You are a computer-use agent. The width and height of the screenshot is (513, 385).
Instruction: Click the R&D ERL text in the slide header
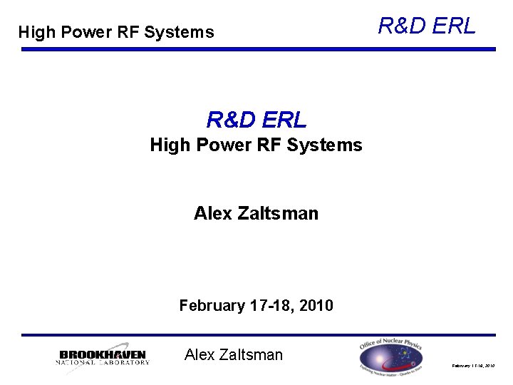click(426, 26)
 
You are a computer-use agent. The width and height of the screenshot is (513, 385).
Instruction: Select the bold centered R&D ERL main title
click(256, 119)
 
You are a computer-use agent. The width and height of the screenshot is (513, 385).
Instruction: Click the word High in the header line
click(35, 32)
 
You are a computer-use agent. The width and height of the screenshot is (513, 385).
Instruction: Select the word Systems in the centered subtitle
click(327, 145)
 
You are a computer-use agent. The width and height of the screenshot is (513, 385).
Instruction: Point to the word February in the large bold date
click(212, 306)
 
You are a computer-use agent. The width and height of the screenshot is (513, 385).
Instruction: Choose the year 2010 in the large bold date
click(316, 306)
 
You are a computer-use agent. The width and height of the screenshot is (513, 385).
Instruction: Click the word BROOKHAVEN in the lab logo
click(103, 354)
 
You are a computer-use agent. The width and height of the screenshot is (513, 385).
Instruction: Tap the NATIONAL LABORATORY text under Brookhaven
click(103, 362)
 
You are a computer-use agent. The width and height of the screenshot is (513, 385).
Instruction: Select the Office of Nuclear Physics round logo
click(390, 356)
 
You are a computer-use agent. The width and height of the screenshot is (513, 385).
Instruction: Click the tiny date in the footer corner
click(473, 365)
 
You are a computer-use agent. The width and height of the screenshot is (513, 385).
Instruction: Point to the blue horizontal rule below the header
click(258, 49)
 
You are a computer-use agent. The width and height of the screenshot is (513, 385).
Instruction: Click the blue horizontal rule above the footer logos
click(258, 334)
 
